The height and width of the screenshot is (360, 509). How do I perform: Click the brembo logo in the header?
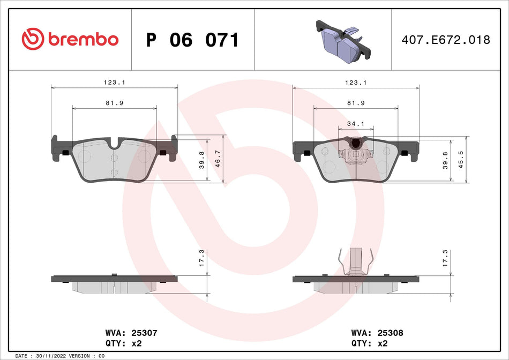click(x=70, y=39)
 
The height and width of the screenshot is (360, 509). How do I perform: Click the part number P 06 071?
click(x=192, y=40)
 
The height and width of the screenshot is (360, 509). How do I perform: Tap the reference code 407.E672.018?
click(x=446, y=40)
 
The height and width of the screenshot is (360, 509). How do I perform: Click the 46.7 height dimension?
click(x=218, y=159)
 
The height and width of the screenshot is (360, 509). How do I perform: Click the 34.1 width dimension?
click(x=356, y=124)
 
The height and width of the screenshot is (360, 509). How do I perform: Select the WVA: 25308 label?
click(x=377, y=333)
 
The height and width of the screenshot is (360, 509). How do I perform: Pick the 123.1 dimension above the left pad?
click(x=114, y=82)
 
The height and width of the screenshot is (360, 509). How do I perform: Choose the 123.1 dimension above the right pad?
click(x=356, y=82)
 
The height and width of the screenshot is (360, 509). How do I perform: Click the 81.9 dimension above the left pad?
click(x=114, y=103)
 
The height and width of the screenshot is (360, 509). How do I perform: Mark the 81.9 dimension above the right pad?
click(x=356, y=103)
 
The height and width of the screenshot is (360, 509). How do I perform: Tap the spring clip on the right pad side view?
click(x=356, y=262)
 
